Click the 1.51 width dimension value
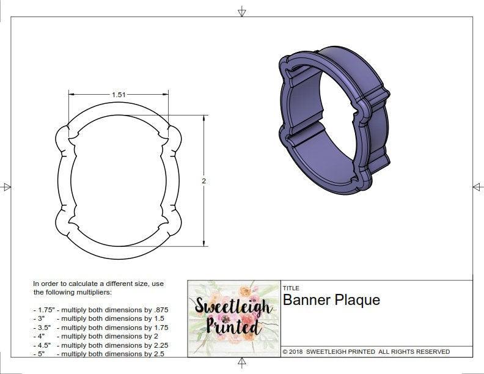[x=118, y=95]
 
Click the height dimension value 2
[x=204, y=181]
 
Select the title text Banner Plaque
[x=331, y=300]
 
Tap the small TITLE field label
[x=291, y=288]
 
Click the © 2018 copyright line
[x=366, y=351]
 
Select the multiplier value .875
[x=158, y=310]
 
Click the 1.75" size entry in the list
[x=44, y=310]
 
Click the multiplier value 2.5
[x=158, y=353]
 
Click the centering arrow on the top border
[x=242, y=11]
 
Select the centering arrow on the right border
[x=477, y=187]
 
